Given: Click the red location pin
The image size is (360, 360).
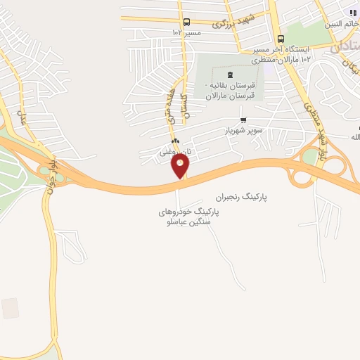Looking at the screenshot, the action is point(180,166).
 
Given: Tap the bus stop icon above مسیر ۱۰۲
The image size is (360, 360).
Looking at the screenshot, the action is point(186,22).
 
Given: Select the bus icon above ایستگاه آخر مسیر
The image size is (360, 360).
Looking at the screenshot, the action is point(281,39).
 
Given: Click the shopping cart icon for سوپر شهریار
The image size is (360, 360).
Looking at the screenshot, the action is point(243,120).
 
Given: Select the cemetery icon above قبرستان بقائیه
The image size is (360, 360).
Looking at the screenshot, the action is point(229,75).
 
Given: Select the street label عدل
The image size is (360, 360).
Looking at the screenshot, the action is point(22,117).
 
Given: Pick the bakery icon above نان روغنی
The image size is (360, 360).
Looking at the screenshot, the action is point(174,141).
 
